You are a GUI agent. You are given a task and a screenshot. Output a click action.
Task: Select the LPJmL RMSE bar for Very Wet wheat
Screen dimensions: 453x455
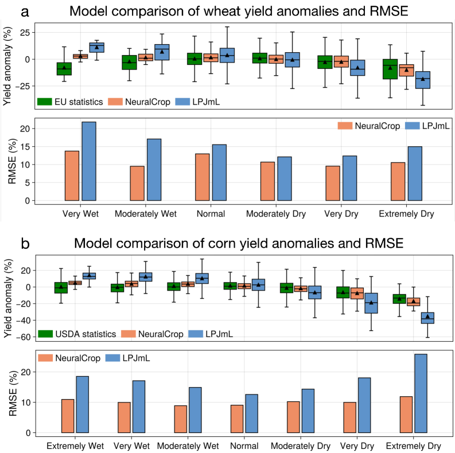(x=89, y=161)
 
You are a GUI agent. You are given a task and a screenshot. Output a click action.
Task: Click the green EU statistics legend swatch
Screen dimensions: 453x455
(x=45, y=101)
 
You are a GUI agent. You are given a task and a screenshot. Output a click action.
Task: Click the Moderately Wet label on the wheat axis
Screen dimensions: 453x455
(x=145, y=214)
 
